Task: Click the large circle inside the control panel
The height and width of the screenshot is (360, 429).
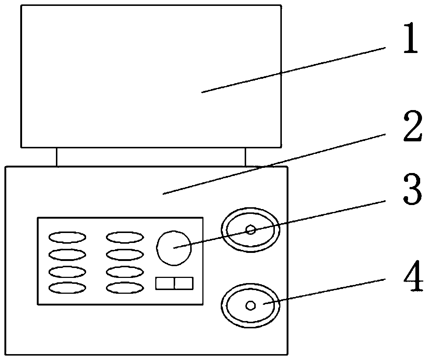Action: pyautogui.click(x=174, y=248)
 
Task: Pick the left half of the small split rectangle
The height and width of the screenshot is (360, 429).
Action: pyautogui.click(x=165, y=283)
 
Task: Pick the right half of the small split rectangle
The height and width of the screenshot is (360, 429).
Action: pyautogui.click(x=184, y=283)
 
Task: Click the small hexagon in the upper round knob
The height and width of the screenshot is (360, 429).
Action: pyautogui.click(x=251, y=230)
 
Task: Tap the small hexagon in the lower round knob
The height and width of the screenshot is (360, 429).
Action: pyautogui.click(x=251, y=305)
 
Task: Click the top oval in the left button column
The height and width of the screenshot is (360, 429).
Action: pyautogui.click(x=68, y=237)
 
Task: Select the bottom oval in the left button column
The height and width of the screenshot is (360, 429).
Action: pyautogui.click(x=68, y=288)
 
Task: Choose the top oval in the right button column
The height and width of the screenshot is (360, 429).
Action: pyautogui.click(x=125, y=237)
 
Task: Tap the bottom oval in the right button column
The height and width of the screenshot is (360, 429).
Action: pyautogui.click(x=125, y=288)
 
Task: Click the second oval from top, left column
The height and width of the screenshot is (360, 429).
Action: pyautogui.click(x=68, y=254)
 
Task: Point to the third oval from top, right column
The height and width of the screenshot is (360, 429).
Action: pyautogui.click(x=125, y=272)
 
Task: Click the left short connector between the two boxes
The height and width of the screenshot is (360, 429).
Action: pyautogui.click(x=57, y=157)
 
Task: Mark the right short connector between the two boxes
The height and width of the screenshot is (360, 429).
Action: pyautogui.click(x=245, y=157)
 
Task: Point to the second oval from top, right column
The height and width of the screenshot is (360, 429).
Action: pyautogui.click(x=125, y=254)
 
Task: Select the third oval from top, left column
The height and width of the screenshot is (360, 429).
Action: pyautogui.click(x=68, y=272)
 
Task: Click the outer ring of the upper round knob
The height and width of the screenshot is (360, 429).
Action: pyautogui.click(x=223, y=230)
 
